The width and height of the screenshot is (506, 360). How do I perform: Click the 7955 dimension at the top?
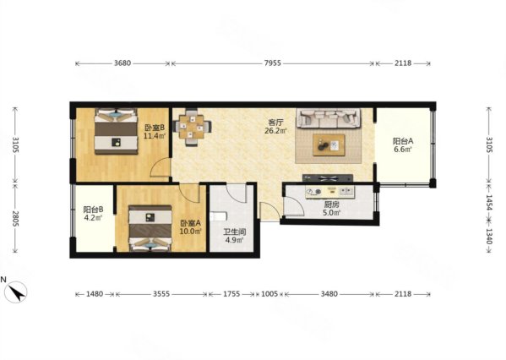[x=272, y=63]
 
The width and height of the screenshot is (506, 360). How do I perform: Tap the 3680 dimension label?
[x=122, y=63]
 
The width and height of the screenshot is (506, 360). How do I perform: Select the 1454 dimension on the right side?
[x=489, y=203]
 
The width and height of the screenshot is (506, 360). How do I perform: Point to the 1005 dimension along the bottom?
[x=269, y=294]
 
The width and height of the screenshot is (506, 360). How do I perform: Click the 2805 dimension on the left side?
[x=15, y=218]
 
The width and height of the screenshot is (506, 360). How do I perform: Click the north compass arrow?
[x=17, y=292]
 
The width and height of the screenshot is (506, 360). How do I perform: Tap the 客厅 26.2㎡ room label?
[x=276, y=127]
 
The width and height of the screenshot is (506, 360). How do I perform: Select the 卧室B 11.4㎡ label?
[x=155, y=131]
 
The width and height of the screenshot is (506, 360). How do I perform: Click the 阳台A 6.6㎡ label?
[x=403, y=145]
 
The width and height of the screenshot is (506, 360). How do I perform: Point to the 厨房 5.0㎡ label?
[x=332, y=209]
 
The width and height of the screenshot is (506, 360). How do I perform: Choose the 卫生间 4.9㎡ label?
[x=235, y=236]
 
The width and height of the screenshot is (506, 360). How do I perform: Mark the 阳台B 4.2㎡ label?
[x=93, y=214]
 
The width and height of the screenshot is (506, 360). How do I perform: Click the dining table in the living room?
[x=193, y=128]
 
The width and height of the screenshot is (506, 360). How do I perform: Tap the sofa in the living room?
[x=329, y=118]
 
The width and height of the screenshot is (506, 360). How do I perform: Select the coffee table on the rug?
[x=329, y=145]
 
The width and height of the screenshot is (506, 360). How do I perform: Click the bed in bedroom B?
[x=116, y=131]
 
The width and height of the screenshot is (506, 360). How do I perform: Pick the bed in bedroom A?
[x=150, y=228]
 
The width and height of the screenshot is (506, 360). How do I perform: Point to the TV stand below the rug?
[x=328, y=177]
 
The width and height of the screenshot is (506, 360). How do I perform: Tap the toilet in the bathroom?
[x=218, y=216]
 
